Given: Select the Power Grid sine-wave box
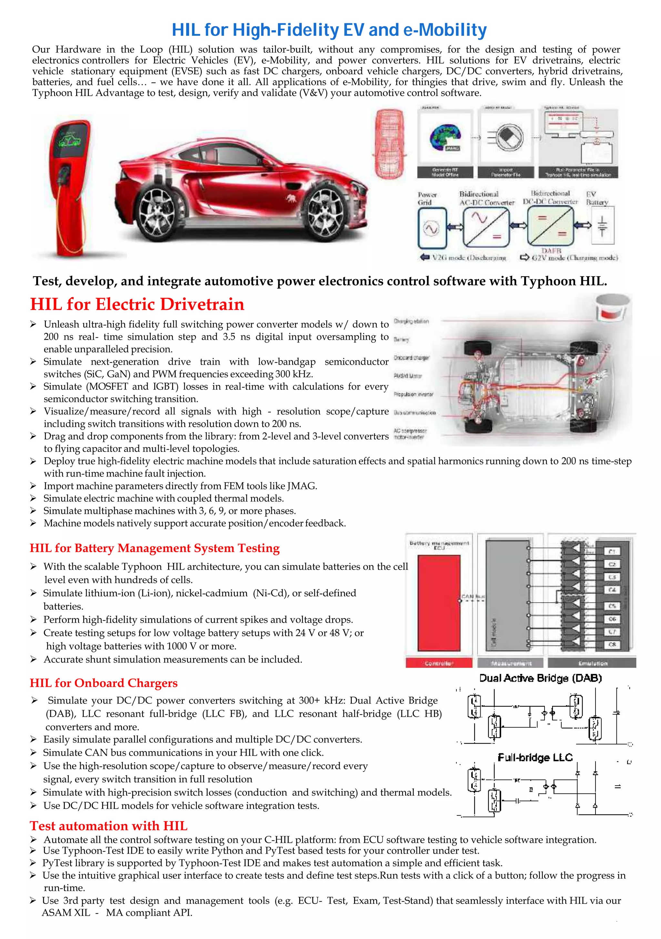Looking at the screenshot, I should [x=432, y=228].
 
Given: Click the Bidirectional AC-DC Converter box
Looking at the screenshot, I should [x=486, y=227].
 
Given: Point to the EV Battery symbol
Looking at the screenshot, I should [x=602, y=226].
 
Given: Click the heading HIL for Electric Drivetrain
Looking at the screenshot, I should [x=137, y=304].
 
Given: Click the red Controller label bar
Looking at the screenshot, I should [x=439, y=663].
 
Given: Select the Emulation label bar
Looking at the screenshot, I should [x=592, y=663].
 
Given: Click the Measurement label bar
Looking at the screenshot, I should [x=511, y=663].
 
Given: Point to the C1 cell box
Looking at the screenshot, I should [x=612, y=551].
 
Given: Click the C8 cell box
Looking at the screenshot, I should [x=612, y=645].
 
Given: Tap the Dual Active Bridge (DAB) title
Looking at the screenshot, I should [x=540, y=679].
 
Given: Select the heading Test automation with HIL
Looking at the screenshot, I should [x=108, y=826].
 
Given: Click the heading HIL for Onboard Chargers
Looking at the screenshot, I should [x=104, y=683].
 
